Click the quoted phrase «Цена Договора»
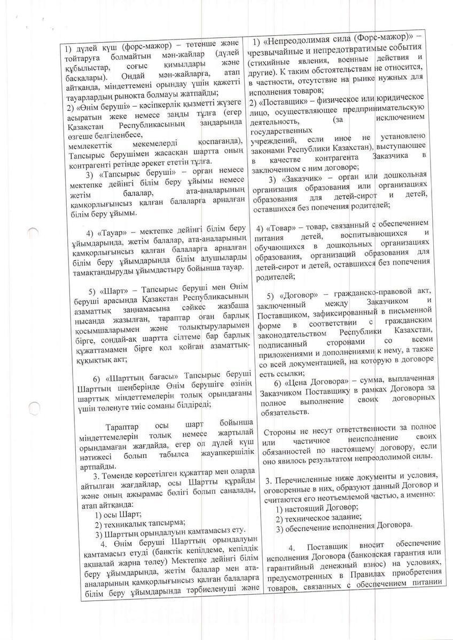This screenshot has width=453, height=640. click(x=308, y=384)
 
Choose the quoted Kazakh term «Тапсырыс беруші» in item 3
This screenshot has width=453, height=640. click(x=124, y=174)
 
